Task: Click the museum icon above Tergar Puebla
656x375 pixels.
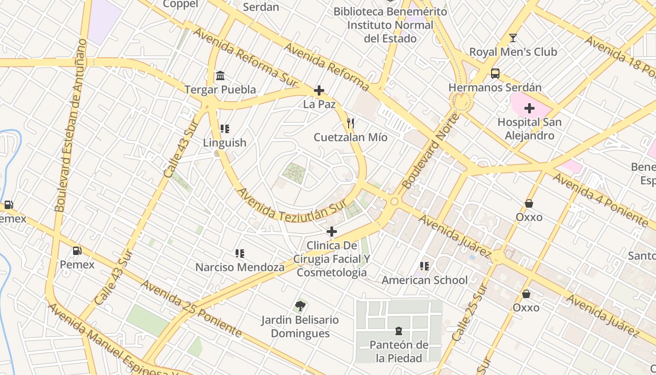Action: coord(220,75)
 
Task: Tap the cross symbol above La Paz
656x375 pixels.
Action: coord(319,90)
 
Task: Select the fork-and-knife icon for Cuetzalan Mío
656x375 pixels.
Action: coord(350,124)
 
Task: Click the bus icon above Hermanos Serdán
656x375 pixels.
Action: coord(495,74)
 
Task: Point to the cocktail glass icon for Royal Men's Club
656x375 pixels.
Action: coord(513,38)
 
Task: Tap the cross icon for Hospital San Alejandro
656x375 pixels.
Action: coord(529,109)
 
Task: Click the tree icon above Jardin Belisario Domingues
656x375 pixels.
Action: coord(300,307)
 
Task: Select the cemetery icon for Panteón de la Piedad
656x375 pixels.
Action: coord(399,331)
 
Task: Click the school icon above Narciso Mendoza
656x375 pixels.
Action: coord(240,254)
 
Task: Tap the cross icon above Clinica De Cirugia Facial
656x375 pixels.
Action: coord(332,232)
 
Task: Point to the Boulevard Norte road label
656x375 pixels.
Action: coord(430,151)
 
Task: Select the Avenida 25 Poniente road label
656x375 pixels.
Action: coord(191,308)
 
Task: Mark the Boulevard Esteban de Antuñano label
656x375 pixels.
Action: coord(71,125)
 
